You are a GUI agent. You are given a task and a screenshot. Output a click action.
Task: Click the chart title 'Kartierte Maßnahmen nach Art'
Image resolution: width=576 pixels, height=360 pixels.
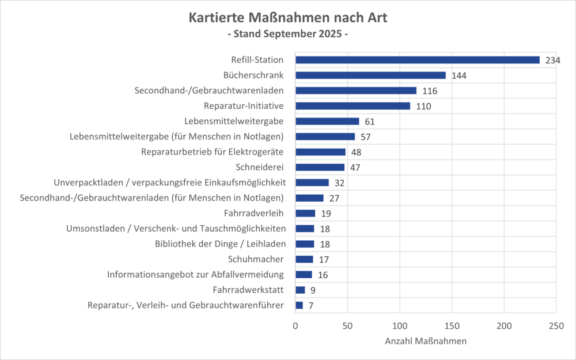pos(288,18)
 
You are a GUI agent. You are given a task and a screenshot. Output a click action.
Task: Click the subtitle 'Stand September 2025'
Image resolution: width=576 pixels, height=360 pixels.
pos(288,34)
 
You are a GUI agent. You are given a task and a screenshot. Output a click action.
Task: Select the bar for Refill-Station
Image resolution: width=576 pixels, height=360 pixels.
pos(418,60)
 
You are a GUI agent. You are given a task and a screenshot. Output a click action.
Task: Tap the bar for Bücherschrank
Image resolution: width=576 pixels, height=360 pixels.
pos(370,75)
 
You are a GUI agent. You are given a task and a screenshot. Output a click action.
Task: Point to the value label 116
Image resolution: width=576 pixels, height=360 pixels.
pos(430,91)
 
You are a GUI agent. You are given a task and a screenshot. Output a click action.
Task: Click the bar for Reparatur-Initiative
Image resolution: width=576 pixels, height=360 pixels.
pos(353,106)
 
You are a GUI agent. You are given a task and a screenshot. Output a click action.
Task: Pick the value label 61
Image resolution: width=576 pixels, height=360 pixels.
pos(370,122)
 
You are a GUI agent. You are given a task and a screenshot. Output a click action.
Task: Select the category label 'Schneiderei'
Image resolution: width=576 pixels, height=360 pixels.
pos(260,168)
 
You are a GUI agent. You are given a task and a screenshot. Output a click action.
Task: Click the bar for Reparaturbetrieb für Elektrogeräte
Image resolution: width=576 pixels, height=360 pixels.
pos(320,152)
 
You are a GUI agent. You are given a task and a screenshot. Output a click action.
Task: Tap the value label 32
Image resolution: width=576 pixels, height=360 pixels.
pos(340,183)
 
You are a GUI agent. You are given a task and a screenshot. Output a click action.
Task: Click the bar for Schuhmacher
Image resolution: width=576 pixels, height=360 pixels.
pos(304,259)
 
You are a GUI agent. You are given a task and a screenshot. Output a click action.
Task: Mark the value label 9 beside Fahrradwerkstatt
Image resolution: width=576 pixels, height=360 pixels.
pos(313,290)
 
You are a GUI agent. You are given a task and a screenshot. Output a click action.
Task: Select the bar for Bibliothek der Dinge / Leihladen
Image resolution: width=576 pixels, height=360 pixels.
pos(305,244)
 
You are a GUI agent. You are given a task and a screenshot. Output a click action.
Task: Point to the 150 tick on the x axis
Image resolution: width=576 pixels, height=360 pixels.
pos(452,325)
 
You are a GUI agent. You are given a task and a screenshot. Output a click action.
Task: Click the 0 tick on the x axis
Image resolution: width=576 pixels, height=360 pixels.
pos(295,325)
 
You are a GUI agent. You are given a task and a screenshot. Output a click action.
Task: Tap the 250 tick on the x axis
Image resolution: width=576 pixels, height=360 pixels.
pos(555,325)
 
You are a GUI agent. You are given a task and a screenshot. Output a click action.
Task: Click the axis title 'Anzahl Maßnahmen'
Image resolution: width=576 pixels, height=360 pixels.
pos(425,341)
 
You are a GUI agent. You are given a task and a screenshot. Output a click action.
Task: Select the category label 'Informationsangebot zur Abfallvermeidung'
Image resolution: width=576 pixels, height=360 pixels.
pos(196,275)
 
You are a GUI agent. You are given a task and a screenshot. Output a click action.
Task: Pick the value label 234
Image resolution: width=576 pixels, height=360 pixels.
pos(553,60)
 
